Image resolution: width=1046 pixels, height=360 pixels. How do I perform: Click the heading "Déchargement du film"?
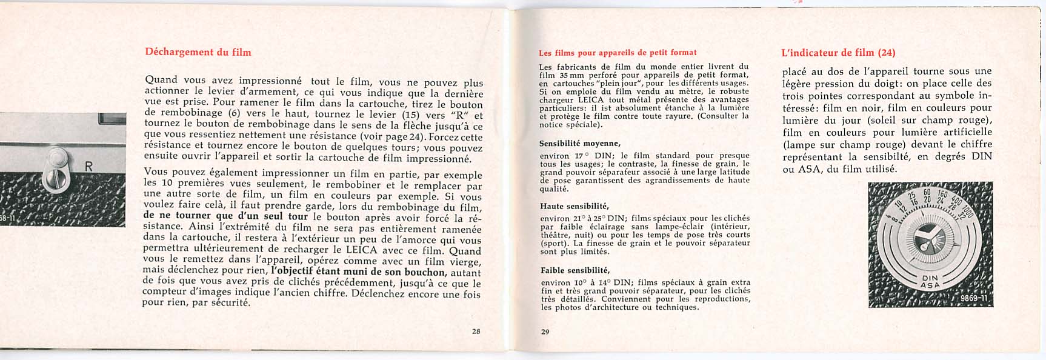click(x=198, y=52)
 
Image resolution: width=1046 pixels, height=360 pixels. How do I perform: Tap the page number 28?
click(x=476, y=331)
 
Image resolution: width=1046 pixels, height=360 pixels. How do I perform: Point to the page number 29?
click(x=545, y=331)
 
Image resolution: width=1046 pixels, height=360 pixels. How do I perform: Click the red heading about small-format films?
click(x=618, y=53)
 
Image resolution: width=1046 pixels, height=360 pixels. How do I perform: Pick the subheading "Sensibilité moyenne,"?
click(x=579, y=144)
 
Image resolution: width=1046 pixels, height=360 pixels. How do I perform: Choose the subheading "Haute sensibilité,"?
click(x=574, y=206)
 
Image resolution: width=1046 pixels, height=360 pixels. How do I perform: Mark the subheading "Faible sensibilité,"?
click(x=575, y=270)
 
